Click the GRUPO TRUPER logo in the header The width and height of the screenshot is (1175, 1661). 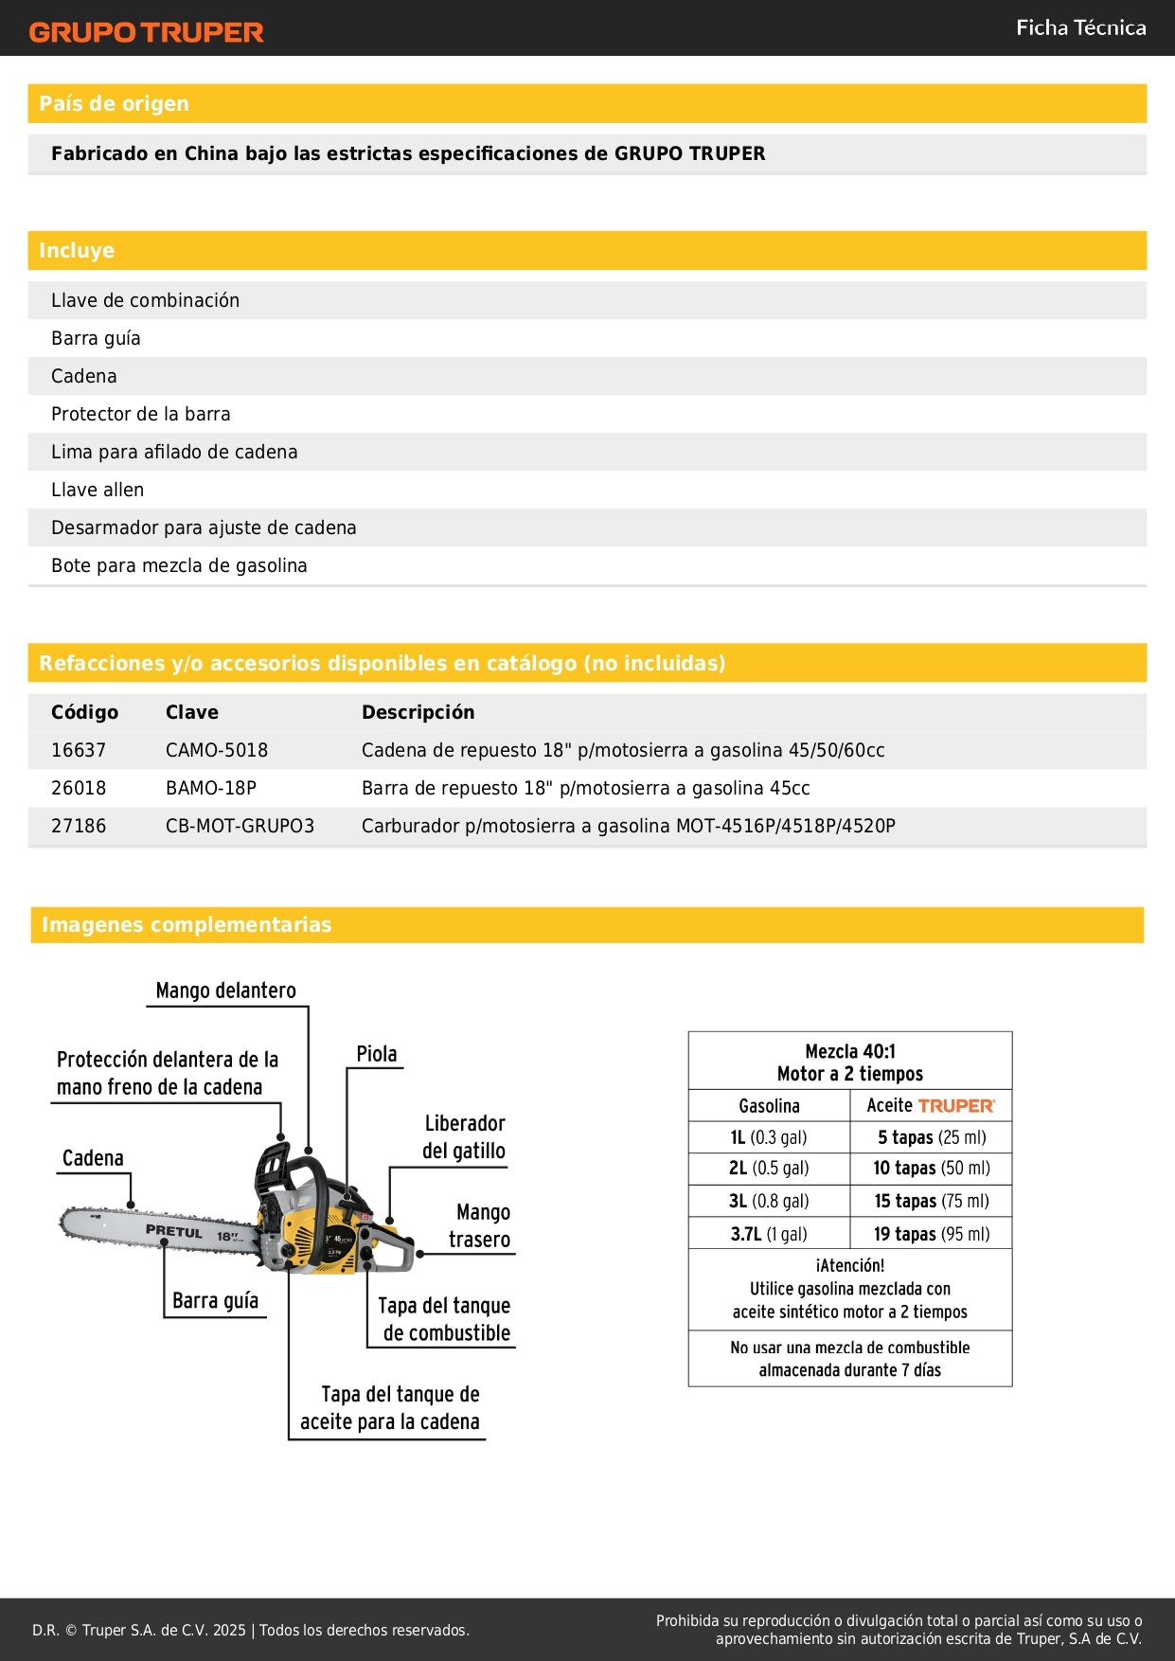point(146,32)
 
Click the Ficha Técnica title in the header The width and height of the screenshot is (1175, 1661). point(1080,27)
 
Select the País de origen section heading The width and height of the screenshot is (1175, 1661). point(114,103)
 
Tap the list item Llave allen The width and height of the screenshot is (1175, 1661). point(98,490)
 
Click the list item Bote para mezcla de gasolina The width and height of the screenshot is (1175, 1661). point(179,565)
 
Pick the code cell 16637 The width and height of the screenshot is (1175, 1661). point(79,750)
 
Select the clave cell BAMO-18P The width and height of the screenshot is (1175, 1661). point(211,788)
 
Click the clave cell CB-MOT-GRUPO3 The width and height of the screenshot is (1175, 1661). point(240,826)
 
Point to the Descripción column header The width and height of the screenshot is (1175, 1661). point(418,712)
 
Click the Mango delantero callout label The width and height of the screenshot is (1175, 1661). point(225,991)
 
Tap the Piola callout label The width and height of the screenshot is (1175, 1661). point(376,1054)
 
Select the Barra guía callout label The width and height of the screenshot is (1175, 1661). point(215,1301)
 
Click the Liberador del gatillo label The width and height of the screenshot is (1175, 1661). point(464,1136)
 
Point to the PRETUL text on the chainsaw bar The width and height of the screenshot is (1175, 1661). point(174,1231)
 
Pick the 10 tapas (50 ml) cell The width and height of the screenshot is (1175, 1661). point(931,1169)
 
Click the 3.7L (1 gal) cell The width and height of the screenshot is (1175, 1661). point(768,1234)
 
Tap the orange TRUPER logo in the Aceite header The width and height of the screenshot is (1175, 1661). point(956,1106)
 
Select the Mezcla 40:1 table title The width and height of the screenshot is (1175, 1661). point(849,1051)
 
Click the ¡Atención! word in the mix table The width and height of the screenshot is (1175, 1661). point(849,1265)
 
